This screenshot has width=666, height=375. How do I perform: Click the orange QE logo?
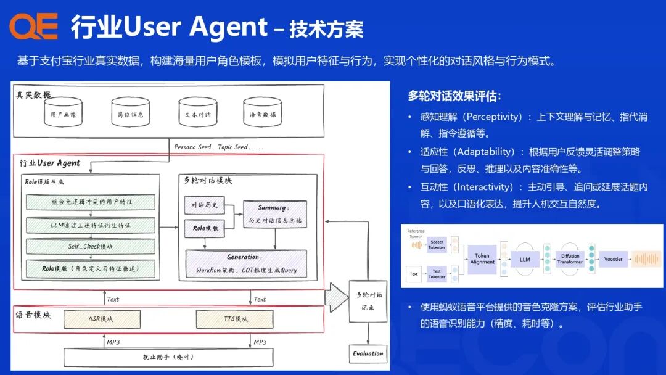coord(33,27)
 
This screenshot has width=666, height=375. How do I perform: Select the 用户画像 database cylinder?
coord(64,113)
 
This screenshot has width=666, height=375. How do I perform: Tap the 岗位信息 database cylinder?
coord(130,113)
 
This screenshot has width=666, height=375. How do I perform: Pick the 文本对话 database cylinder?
coord(197,113)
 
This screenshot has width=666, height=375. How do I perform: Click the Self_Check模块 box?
coord(91,246)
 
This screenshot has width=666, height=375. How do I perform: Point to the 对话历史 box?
coord(205,204)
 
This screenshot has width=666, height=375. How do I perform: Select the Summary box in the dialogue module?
coord(274,213)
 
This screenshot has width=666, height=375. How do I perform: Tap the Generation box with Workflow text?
coord(246,263)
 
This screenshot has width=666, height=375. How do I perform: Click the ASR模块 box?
coord(101,319)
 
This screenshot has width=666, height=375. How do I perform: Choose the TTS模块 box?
coord(235,319)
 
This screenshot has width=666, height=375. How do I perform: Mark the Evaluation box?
coord(368,353)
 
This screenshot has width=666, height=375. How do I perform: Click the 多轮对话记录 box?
coord(369,301)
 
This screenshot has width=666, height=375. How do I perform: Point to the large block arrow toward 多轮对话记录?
coord(337,297)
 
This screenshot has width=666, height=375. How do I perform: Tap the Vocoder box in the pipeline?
coord(614,258)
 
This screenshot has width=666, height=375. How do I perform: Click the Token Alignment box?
coord(482,258)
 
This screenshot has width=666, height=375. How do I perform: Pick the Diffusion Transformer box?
coord(570,258)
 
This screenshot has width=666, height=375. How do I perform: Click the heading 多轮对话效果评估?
coord(454,96)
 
